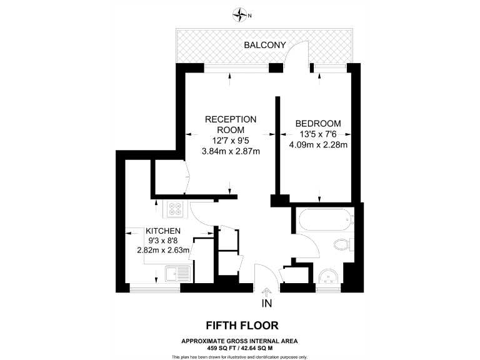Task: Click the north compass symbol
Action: coord(239,14)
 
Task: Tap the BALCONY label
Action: coord(264,45)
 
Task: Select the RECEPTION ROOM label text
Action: coord(231,124)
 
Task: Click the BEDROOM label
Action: coord(318,123)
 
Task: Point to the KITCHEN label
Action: coord(163,231)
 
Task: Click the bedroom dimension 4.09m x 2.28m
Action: coord(318,146)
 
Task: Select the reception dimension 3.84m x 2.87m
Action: coord(231,151)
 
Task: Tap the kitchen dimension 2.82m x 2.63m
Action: coord(163,251)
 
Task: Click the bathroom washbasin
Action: coord(328,277)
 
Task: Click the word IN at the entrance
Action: coord(267,304)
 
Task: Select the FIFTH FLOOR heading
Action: coord(239,326)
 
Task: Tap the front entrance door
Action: coord(263,275)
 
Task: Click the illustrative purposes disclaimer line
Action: coord(239,356)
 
